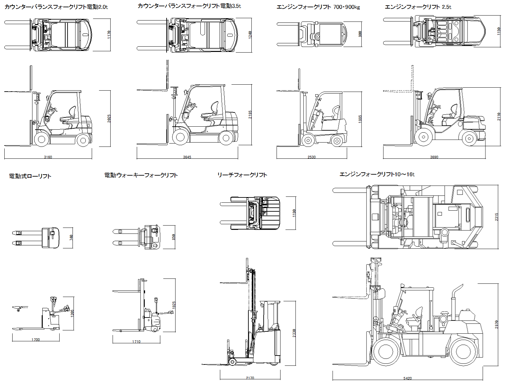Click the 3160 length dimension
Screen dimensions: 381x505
coord(48,157)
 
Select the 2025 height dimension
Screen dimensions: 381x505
coord(109,118)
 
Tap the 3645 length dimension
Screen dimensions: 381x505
coord(187,157)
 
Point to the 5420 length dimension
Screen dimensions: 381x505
coord(408,378)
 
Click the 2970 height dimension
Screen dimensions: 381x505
coord(496,324)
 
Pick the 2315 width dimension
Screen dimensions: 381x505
coord(496,217)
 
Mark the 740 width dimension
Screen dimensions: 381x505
coord(71,237)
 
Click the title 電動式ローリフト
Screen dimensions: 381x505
coord(30,176)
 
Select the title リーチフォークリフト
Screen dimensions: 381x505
coord(242,175)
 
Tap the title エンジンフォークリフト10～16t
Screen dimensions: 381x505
coord(377,174)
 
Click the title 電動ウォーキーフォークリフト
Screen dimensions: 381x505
coord(141,175)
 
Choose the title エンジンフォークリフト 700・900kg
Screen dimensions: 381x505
coord(318,7)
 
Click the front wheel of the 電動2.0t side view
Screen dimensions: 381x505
coord(41,140)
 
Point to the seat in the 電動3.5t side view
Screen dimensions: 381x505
coord(213,111)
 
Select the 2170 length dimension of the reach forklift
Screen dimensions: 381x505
coord(250,378)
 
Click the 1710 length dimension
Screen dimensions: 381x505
coord(136,342)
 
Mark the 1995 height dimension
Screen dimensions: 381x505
coord(360,119)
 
